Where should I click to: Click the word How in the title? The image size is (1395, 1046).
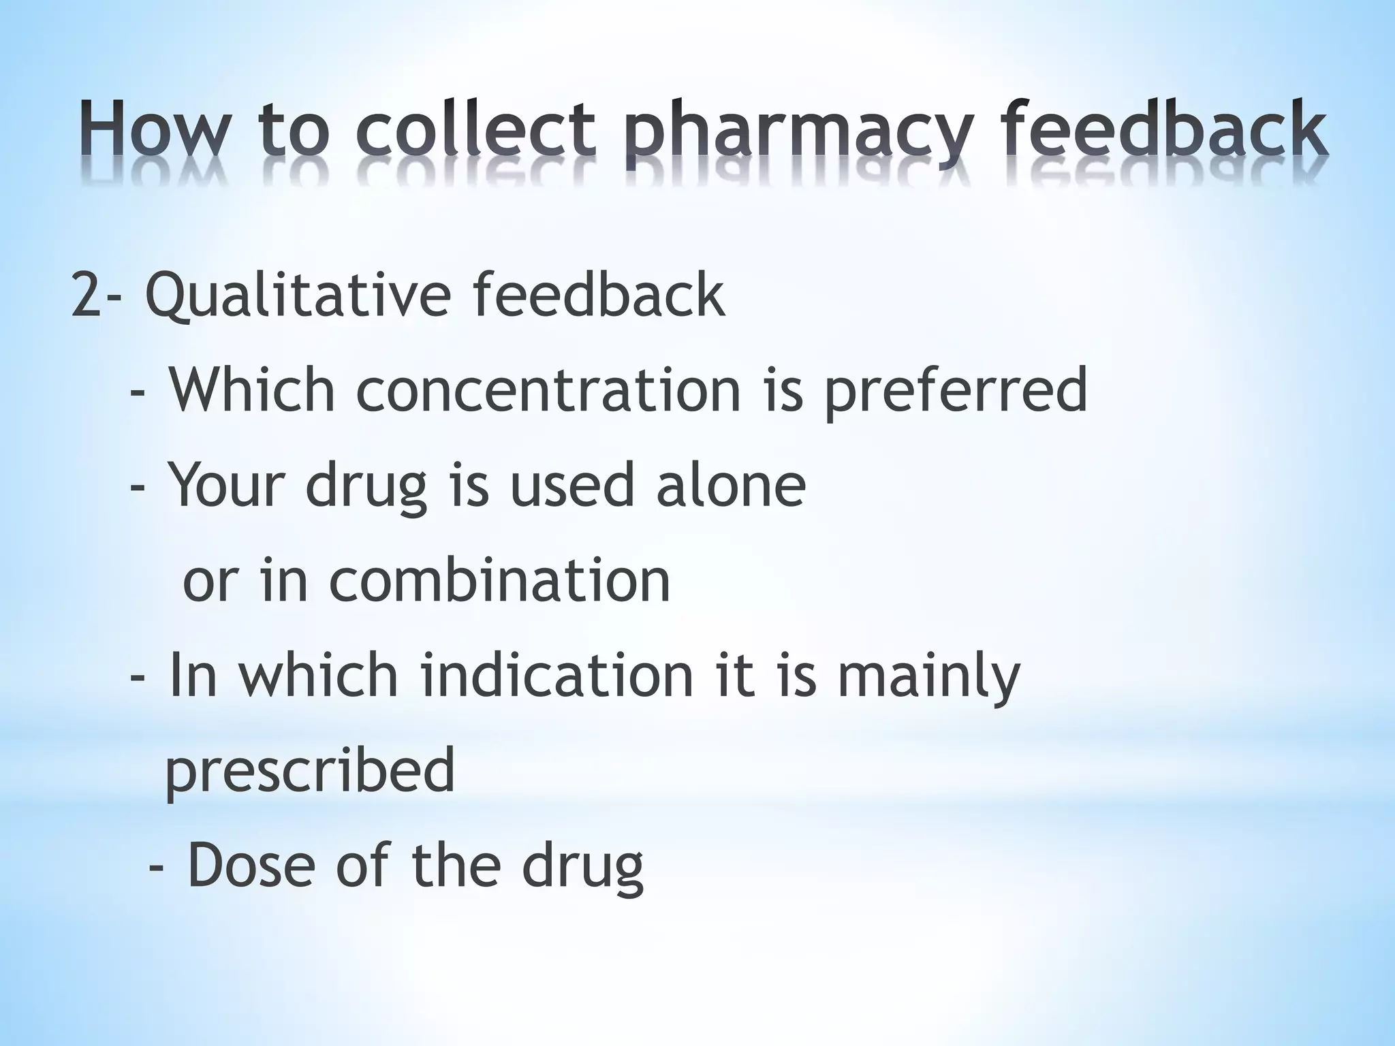pyautogui.click(x=159, y=129)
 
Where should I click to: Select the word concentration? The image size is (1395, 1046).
pyautogui.click(x=548, y=390)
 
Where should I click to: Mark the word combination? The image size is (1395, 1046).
pyautogui.click(x=500, y=580)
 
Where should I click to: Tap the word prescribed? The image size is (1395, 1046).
pyautogui.click(x=310, y=770)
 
